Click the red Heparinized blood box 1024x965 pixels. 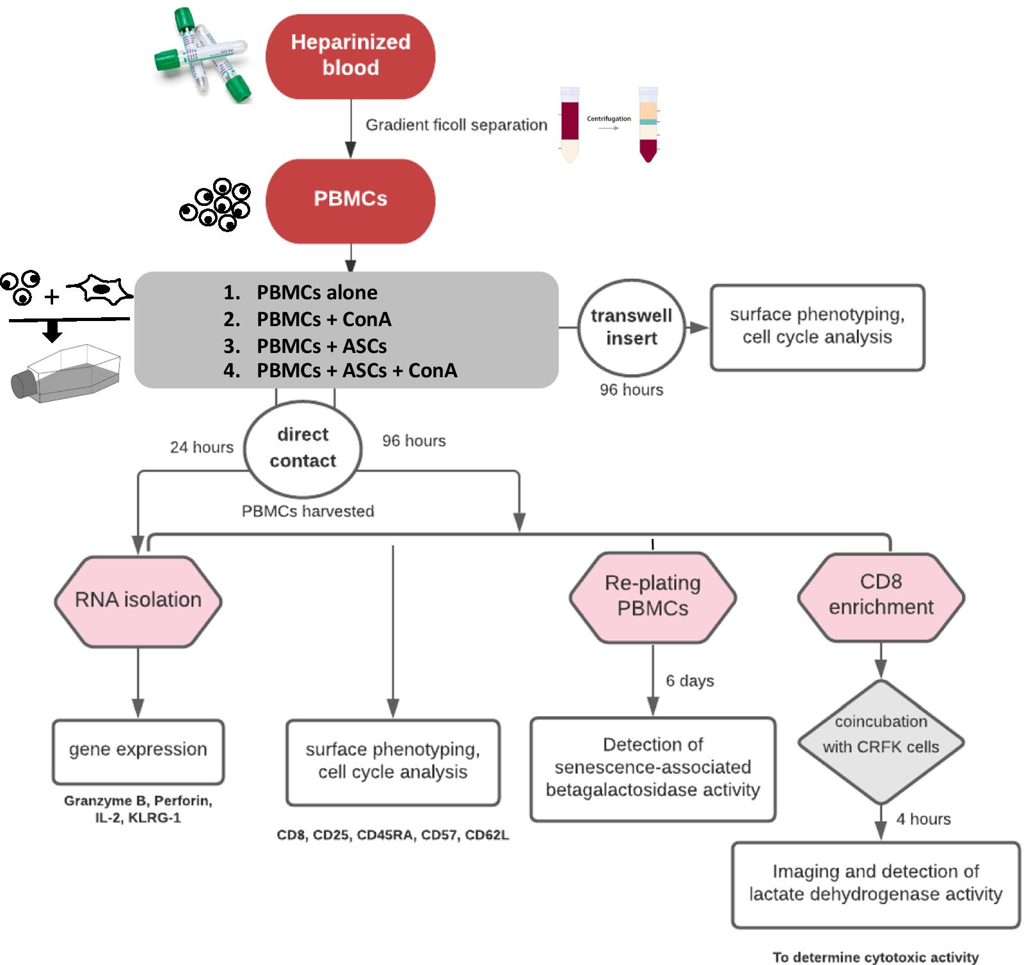350,56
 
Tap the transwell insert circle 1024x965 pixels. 631,327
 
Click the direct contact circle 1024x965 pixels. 303,448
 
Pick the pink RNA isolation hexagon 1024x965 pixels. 138,600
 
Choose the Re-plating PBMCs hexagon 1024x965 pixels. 653,596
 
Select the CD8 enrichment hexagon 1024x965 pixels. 881,595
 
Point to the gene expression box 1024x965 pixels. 138,750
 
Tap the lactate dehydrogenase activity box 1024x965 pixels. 876,883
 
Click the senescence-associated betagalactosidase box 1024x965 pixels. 653,767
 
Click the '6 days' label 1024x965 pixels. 689,680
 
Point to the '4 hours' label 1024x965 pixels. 923,819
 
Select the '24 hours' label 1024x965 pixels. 202,447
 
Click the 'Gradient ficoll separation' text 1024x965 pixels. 456,125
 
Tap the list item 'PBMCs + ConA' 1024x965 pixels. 324,319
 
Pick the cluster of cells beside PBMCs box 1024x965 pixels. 216,204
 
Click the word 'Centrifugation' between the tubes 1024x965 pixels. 609,118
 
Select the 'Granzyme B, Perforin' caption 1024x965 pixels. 138,801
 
